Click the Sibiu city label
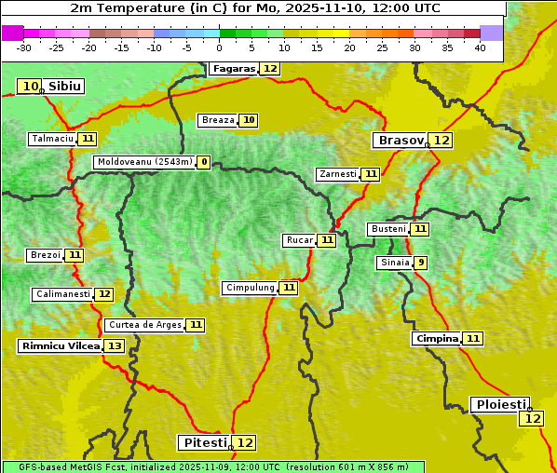(x=65, y=87)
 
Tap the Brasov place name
(x=400, y=141)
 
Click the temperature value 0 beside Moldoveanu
(x=203, y=162)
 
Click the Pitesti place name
(x=203, y=442)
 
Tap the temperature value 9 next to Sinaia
(x=421, y=263)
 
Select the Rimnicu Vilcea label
(x=59, y=346)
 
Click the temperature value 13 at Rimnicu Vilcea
(x=114, y=346)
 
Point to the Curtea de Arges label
(x=143, y=325)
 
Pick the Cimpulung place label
(x=249, y=288)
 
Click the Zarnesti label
(x=337, y=174)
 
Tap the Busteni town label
(x=387, y=229)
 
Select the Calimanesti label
(x=62, y=294)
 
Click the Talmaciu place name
(x=52, y=139)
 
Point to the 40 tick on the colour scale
(x=480, y=47)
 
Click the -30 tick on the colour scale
(x=24, y=47)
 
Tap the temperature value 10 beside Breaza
(x=249, y=120)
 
